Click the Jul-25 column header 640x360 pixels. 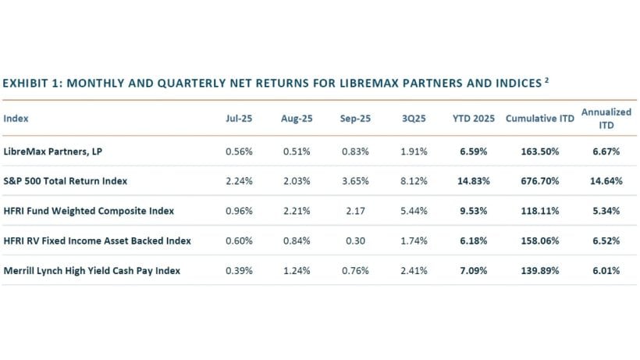click(236, 119)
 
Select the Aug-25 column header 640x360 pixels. click(296, 119)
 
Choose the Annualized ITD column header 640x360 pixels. click(606, 119)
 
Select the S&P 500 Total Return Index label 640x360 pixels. click(65, 181)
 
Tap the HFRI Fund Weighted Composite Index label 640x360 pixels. click(89, 211)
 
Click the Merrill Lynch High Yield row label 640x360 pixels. click(92, 270)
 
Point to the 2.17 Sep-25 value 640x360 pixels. click(355, 211)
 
